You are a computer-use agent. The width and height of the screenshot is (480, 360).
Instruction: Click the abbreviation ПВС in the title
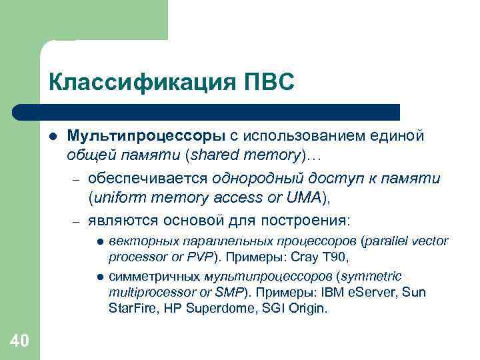point(269,83)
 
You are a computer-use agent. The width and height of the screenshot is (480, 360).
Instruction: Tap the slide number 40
point(19,341)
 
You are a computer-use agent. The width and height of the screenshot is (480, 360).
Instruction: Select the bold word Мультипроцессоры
point(146,136)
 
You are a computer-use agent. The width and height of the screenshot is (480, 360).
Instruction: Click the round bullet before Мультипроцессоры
point(52,137)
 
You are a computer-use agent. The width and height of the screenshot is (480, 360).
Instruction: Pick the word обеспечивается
point(148,179)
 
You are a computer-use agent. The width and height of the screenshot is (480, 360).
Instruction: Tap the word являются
point(124,220)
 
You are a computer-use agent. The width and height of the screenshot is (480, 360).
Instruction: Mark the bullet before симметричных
point(99,277)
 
